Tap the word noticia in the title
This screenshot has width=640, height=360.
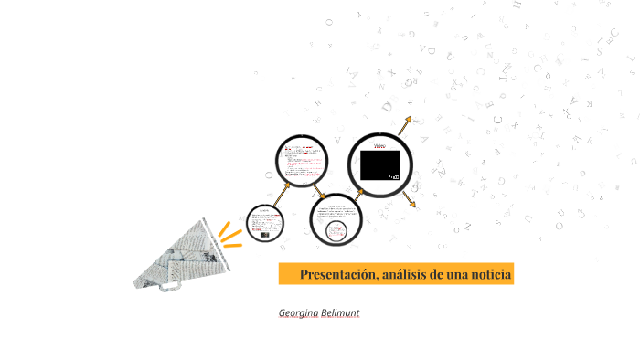489,274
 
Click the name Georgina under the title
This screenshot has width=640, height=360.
299,312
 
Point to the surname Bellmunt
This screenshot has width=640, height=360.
340,312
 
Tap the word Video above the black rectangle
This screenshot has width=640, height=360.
380,145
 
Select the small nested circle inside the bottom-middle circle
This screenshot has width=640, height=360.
336,229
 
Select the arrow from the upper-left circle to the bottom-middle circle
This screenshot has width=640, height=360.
317,193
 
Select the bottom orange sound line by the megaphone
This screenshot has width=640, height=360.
234,244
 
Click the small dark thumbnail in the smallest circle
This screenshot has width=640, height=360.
264,234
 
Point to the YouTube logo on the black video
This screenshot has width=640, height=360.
394,176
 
